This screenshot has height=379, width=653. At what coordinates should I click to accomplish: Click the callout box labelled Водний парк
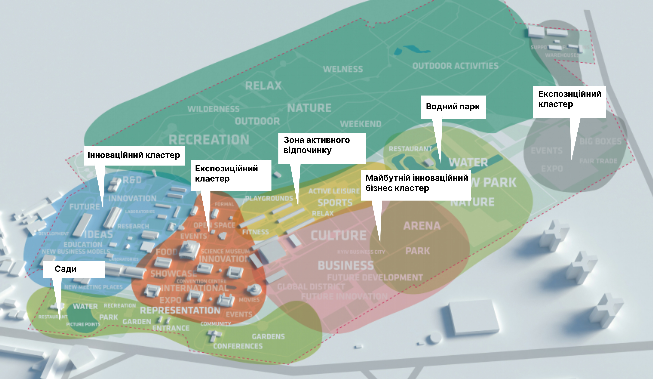[453, 107]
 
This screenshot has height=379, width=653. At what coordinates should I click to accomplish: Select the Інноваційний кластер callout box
[134, 155]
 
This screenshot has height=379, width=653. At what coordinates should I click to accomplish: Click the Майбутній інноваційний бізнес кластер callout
[416, 183]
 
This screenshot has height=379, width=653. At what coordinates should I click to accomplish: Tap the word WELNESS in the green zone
[343, 69]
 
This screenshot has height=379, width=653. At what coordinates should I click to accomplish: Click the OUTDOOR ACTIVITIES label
[455, 66]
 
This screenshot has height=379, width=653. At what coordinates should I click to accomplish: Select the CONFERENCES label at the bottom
[238, 346]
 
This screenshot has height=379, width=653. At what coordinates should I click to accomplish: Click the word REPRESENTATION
[180, 310]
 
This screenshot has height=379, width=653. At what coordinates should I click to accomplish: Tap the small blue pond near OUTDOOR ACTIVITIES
[411, 49]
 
